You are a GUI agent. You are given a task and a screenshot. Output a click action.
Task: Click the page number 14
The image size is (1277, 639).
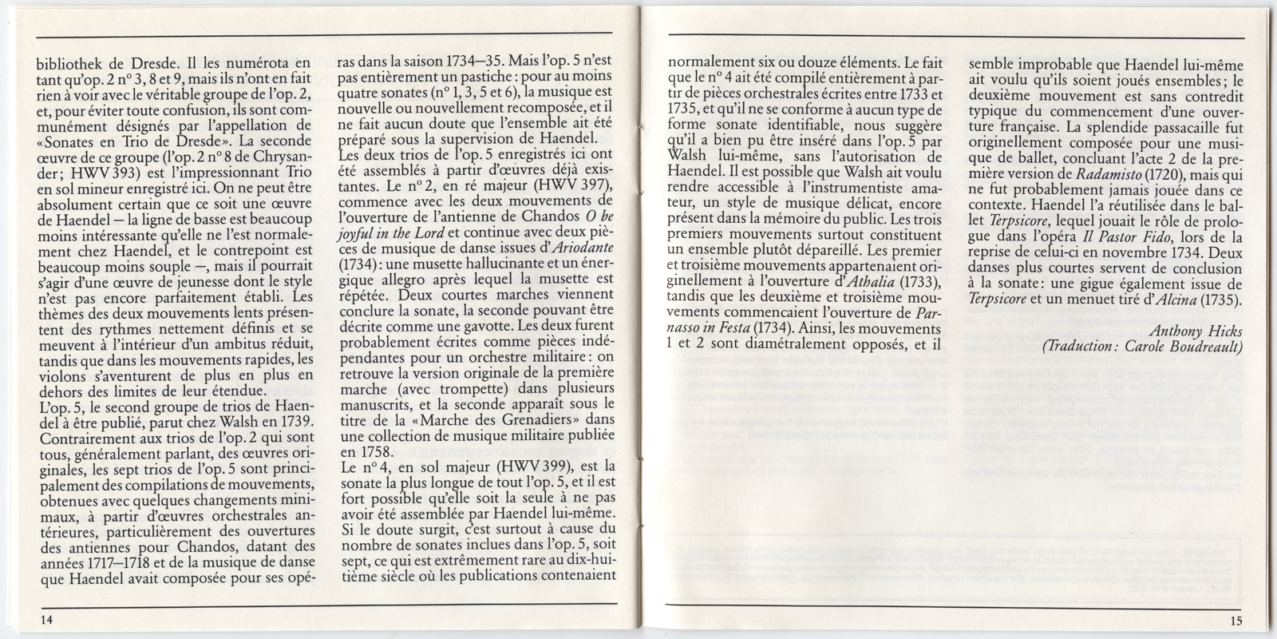[x=39, y=621]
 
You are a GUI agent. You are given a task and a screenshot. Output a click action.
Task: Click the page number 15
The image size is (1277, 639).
[x=1235, y=621]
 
